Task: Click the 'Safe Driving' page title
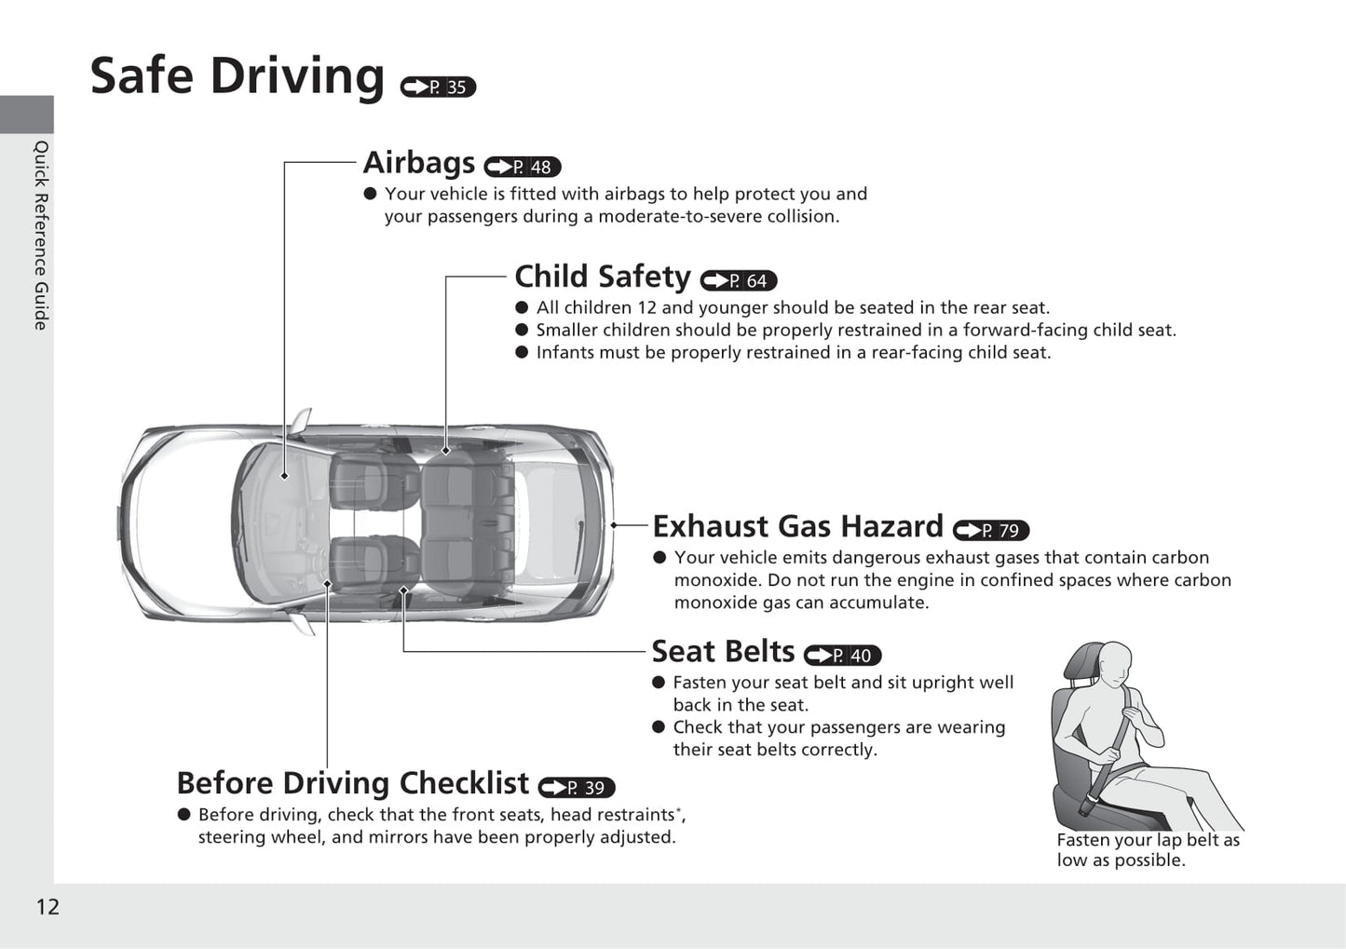point(238,76)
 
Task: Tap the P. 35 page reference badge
point(438,88)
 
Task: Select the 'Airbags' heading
point(419,162)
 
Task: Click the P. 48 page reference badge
point(523,167)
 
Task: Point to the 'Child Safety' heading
point(603,277)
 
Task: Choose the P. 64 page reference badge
point(739,280)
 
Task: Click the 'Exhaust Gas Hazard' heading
point(798,526)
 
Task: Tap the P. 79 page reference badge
point(991,530)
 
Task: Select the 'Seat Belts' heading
point(724,651)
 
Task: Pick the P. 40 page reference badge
point(842,656)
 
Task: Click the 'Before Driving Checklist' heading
point(353,783)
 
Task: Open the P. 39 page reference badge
point(577,788)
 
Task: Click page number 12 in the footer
point(48,907)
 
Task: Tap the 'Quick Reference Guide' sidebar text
point(40,236)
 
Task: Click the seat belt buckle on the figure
point(1087,804)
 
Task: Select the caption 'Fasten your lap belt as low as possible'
point(1148,850)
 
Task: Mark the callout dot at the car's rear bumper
point(614,525)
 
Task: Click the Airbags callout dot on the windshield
point(284,476)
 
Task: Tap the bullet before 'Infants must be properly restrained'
point(522,353)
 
